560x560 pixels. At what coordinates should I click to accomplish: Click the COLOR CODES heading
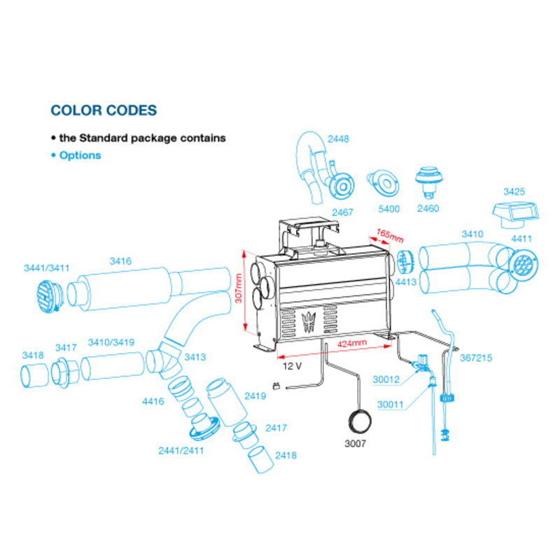point(104,111)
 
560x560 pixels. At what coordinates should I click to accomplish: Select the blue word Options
point(80,155)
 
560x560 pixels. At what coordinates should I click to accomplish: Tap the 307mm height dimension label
point(239,288)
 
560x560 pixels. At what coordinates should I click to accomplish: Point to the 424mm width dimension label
point(352,343)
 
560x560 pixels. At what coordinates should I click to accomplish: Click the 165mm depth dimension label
point(390,235)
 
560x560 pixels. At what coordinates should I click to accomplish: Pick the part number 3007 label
point(355,444)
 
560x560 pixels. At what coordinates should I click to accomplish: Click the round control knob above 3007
point(359,422)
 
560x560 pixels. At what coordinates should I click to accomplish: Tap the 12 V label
point(292,366)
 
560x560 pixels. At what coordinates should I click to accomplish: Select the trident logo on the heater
point(309,321)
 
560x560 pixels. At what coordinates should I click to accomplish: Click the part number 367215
point(476,358)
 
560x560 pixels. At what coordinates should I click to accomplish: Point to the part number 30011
point(390,405)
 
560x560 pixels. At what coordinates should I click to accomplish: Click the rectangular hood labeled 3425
point(515,215)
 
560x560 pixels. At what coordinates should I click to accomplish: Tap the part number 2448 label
point(338,139)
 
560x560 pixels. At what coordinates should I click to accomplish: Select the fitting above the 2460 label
point(429,182)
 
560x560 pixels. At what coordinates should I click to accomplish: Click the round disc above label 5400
point(384,183)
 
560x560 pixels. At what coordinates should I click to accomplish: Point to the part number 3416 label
point(120,261)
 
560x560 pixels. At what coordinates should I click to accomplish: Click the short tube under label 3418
point(34,375)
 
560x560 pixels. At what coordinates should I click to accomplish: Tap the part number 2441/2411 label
point(181,451)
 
